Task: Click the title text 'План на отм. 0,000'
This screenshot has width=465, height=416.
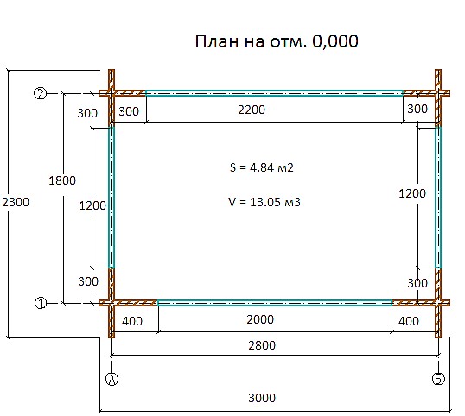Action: coord(277,41)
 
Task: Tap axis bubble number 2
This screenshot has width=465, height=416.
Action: coord(41,93)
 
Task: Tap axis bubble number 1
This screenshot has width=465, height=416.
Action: coord(41,303)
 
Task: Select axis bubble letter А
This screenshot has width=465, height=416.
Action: coord(111,379)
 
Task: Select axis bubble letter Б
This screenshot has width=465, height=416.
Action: coord(438,379)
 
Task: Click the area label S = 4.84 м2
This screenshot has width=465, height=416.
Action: coord(262,167)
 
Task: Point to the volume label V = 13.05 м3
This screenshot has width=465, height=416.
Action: coord(264,202)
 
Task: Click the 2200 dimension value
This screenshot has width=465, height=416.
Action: coord(252,110)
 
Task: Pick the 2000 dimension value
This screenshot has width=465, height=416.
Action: coord(260,319)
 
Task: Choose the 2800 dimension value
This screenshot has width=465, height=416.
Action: coord(262,345)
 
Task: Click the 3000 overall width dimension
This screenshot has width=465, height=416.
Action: coord(262,398)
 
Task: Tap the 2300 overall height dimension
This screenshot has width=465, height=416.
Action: coord(16,202)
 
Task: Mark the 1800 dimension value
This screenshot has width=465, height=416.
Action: coord(62,180)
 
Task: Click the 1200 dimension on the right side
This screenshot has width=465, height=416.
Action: coord(412,193)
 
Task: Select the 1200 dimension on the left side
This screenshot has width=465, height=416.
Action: coord(92,205)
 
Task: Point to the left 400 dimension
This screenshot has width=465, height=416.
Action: coord(132,321)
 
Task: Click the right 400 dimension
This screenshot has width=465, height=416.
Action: coord(409,321)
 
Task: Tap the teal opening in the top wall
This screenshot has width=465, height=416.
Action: coord(274,93)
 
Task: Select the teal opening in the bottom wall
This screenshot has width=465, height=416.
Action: coord(275,303)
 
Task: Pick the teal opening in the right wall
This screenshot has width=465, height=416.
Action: coord(438,198)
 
